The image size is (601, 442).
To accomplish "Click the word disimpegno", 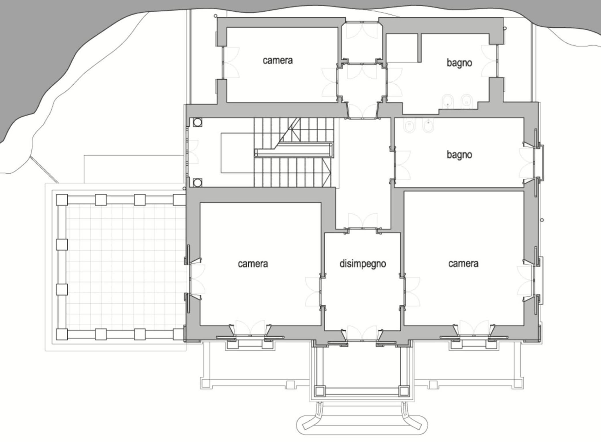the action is click(363, 264).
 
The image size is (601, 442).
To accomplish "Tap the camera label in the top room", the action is click(277, 60).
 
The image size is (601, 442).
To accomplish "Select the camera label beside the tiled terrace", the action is click(253, 264).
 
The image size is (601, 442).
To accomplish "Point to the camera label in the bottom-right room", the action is click(463, 263).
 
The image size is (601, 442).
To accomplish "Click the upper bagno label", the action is click(459, 63).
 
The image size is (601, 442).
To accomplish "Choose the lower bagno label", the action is click(459, 155).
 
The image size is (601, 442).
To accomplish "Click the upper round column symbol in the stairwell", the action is click(197, 122).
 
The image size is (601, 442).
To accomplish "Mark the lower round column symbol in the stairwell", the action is click(197, 183).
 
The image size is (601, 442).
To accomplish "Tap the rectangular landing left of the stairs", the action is click(237, 153).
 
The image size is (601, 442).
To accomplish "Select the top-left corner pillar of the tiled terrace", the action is click(62, 200).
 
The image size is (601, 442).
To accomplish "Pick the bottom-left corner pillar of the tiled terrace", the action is click(62, 334).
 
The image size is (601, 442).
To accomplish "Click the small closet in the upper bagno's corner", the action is click(402, 48).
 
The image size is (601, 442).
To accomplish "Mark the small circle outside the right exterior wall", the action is click(542, 220).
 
